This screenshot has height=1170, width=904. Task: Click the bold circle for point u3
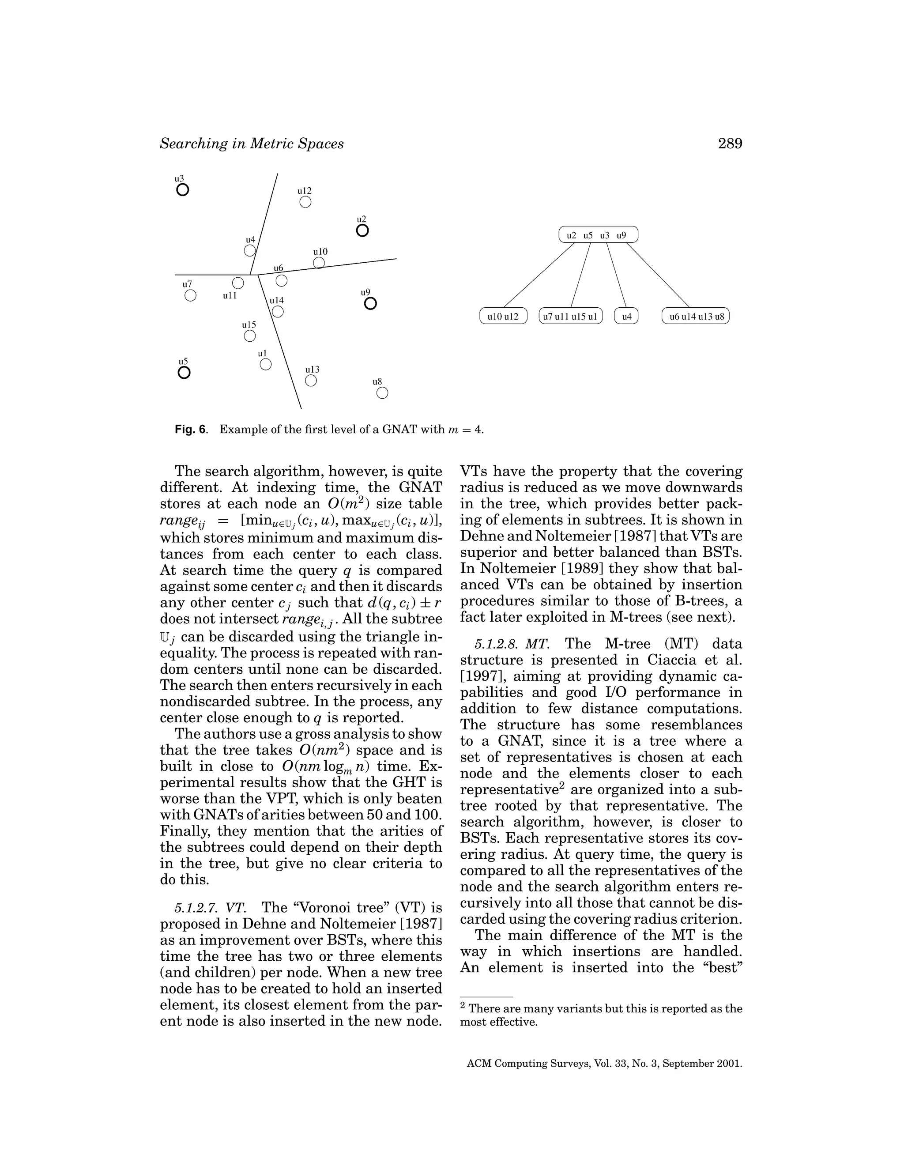point(183,190)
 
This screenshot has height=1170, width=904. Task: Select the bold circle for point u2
point(362,231)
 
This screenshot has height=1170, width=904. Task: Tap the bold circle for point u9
point(370,304)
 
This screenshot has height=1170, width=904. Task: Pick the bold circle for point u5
point(184,372)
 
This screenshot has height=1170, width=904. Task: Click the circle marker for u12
point(305,202)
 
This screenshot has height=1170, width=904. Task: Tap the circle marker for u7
point(190,295)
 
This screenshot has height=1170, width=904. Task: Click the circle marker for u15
point(249,336)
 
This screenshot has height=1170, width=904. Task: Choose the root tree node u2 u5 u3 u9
point(598,234)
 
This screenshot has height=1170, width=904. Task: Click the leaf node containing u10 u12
point(503,316)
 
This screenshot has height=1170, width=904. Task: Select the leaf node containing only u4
point(626,316)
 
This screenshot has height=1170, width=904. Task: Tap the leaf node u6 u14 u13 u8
point(696,316)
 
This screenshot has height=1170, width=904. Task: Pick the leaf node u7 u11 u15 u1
point(570,316)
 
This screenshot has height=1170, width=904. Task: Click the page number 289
point(730,143)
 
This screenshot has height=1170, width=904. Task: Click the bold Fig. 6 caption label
point(190,429)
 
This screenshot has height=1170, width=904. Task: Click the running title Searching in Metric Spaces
point(252,143)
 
